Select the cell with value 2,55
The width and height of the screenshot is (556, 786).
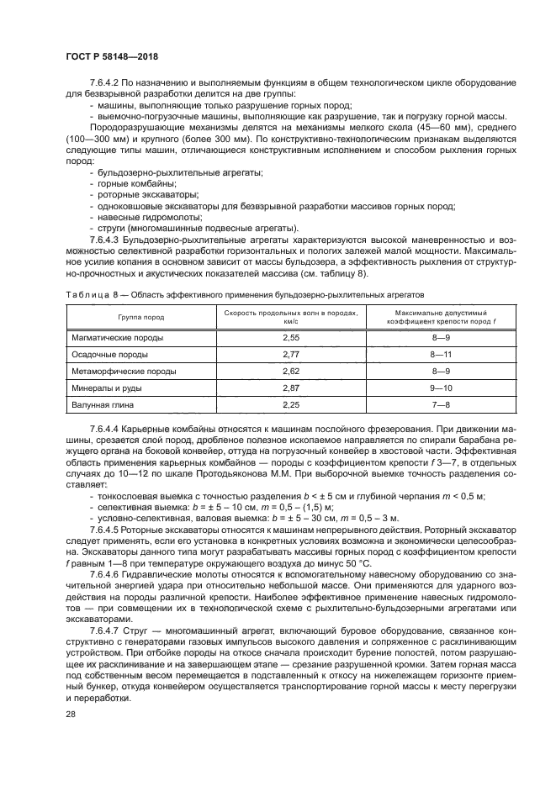pos(291,337)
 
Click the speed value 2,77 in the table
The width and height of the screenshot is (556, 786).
pos(291,355)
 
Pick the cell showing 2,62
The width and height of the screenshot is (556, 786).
pos(291,371)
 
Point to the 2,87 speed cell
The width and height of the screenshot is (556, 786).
pos(291,388)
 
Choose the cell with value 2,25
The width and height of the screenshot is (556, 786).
pos(291,404)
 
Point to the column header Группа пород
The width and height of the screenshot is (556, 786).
pos(141,317)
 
